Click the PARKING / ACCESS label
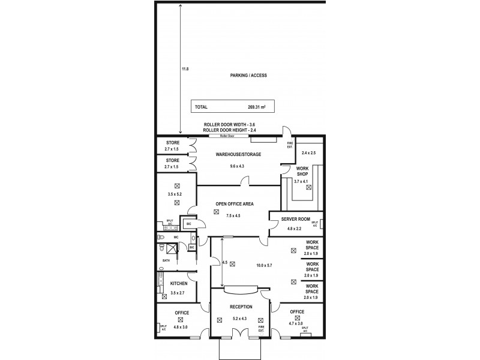[248, 76]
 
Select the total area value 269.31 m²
[256, 107]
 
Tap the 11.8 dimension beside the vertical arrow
[185, 69]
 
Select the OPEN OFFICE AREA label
[234, 204]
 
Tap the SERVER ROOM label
[295, 220]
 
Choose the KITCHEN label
[179, 283]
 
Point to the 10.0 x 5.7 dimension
[264, 265]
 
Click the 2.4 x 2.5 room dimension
[309, 153]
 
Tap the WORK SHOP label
[301, 172]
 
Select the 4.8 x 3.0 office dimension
[182, 328]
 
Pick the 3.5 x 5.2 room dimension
[176, 195]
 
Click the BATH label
[166, 260]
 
